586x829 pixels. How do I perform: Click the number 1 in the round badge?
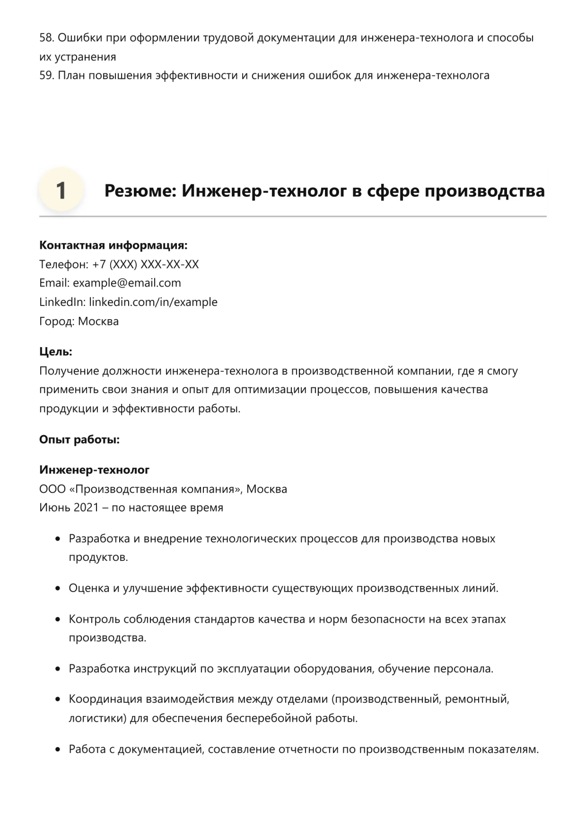pos(61,191)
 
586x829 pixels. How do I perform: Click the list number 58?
pos(46,38)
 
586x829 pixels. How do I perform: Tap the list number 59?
pos(46,76)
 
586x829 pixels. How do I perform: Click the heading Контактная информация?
pos(113,245)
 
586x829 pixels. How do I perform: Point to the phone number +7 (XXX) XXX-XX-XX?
pos(146,264)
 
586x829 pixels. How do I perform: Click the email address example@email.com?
pos(127,283)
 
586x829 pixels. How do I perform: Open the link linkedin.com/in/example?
pos(153,302)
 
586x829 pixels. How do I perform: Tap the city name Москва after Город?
pos(98,322)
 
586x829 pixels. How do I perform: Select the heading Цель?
pos(55,352)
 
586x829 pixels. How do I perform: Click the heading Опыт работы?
pos(79,440)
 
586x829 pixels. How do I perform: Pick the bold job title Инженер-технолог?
pos(94,470)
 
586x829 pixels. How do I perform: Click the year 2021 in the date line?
pos(86,508)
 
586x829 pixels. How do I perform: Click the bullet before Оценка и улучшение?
pos(58,589)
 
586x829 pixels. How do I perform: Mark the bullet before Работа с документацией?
pos(58,750)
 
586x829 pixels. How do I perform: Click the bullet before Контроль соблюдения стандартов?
pos(58,620)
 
